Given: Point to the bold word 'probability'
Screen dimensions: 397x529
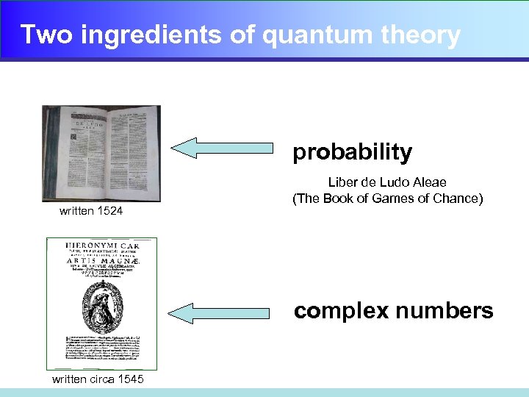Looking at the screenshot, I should click(x=353, y=152).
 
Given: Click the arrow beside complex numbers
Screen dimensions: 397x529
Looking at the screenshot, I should click(x=228, y=313).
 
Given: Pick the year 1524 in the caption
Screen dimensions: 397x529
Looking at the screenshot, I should click(x=109, y=212).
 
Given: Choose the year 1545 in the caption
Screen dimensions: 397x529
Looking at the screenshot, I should click(x=129, y=379).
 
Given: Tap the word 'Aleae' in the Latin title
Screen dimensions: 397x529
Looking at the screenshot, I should click(x=429, y=182).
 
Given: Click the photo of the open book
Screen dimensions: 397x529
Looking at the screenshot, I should click(x=101, y=153).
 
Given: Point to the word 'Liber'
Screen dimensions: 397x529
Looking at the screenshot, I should click(x=340, y=182).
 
